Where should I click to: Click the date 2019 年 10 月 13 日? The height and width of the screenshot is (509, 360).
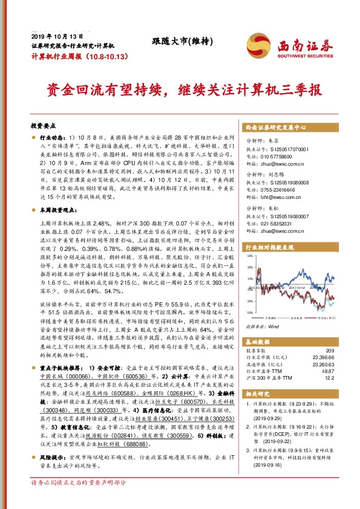(x=50, y=36)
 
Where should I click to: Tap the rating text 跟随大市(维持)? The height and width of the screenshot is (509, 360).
(x=182, y=41)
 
